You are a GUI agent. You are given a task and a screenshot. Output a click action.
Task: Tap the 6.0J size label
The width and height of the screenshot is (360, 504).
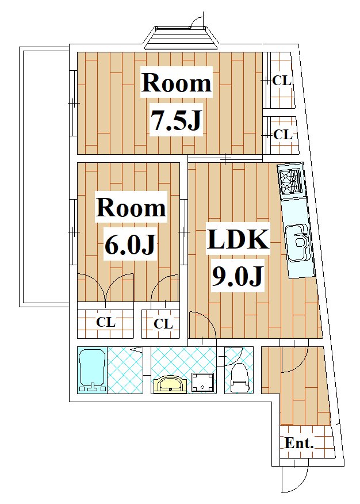click(x=130, y=246)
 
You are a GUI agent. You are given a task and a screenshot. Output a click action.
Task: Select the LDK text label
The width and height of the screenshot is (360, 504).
click(x=238, y=240)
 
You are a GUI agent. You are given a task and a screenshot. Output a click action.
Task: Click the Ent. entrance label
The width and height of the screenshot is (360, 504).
click(x=298, y=443)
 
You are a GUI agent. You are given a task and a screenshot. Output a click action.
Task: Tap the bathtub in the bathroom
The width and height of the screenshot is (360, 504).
click(x=93, y=370)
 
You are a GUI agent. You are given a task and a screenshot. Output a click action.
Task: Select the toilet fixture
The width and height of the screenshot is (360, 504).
click(x=239, y=377)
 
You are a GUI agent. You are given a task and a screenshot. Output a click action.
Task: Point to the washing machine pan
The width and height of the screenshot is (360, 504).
click(x=203, y=382)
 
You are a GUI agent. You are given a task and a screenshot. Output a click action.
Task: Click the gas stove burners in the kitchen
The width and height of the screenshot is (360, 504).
click(x=291, y=182)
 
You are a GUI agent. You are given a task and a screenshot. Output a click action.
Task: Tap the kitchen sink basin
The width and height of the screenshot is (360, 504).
click(x=298, y=243)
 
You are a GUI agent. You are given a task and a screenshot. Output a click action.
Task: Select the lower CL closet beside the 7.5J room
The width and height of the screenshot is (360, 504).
click(x=282, y=135)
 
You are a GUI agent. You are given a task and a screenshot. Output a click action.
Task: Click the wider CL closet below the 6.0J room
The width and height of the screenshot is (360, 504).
click(x=106, y=323)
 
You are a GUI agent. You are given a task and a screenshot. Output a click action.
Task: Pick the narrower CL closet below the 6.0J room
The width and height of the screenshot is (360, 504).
click(x=160, y=324)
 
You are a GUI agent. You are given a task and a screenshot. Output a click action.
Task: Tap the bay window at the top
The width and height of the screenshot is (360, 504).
click(x=181, y=38)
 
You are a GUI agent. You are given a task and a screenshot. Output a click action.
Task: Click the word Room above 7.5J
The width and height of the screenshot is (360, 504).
click(x=177, y=83)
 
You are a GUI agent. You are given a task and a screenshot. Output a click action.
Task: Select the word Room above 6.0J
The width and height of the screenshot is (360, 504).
click(x=131, y=208)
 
